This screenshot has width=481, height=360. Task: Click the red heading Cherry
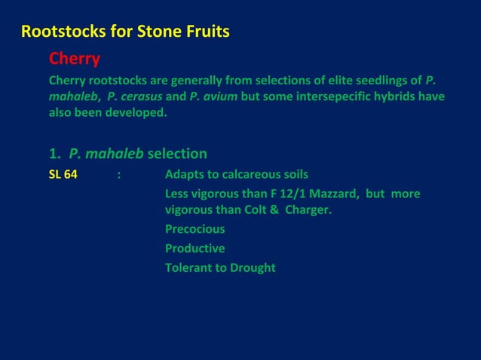click(x=75, y=58)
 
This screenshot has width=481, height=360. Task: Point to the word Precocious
click(x=195, y=229)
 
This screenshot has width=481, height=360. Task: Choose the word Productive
click(x=195, y=249)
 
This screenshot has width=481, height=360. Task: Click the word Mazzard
click(x=344, y=194)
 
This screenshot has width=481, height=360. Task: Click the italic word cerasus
click(x=138, y=97)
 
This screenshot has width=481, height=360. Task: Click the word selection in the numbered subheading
click(x=177, y=154)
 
